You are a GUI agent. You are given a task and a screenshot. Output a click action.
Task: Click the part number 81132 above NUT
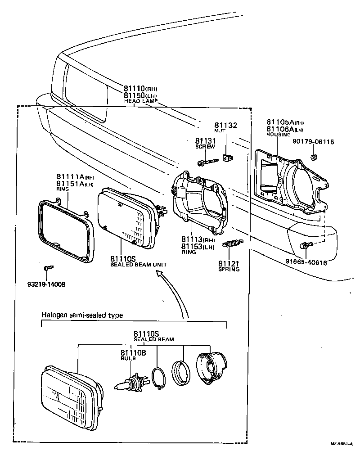[x=225, y=125]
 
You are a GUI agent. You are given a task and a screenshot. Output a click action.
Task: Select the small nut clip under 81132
[x=228, y=158]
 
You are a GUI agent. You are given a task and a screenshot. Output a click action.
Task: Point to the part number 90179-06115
[x=313, y=141]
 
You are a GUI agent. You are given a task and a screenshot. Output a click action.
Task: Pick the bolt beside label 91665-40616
[x=305, y=245]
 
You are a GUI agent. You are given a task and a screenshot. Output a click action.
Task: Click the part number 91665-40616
[x=306, y=262]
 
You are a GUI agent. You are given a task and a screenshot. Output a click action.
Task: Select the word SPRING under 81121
[x=229, y=269]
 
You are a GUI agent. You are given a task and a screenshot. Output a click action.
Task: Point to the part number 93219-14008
[x=46, y=284]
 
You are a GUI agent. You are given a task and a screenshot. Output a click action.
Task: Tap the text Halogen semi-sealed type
[x=82, y=315]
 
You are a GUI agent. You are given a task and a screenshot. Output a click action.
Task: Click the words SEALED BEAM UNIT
[x=138, y=265]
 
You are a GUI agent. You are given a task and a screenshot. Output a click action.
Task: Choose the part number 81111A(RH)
[x=75, y=176]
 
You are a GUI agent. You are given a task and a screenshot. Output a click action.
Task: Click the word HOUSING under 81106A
[x=279, y=135]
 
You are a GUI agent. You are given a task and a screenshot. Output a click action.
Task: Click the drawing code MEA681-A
[x=342, y=444]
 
